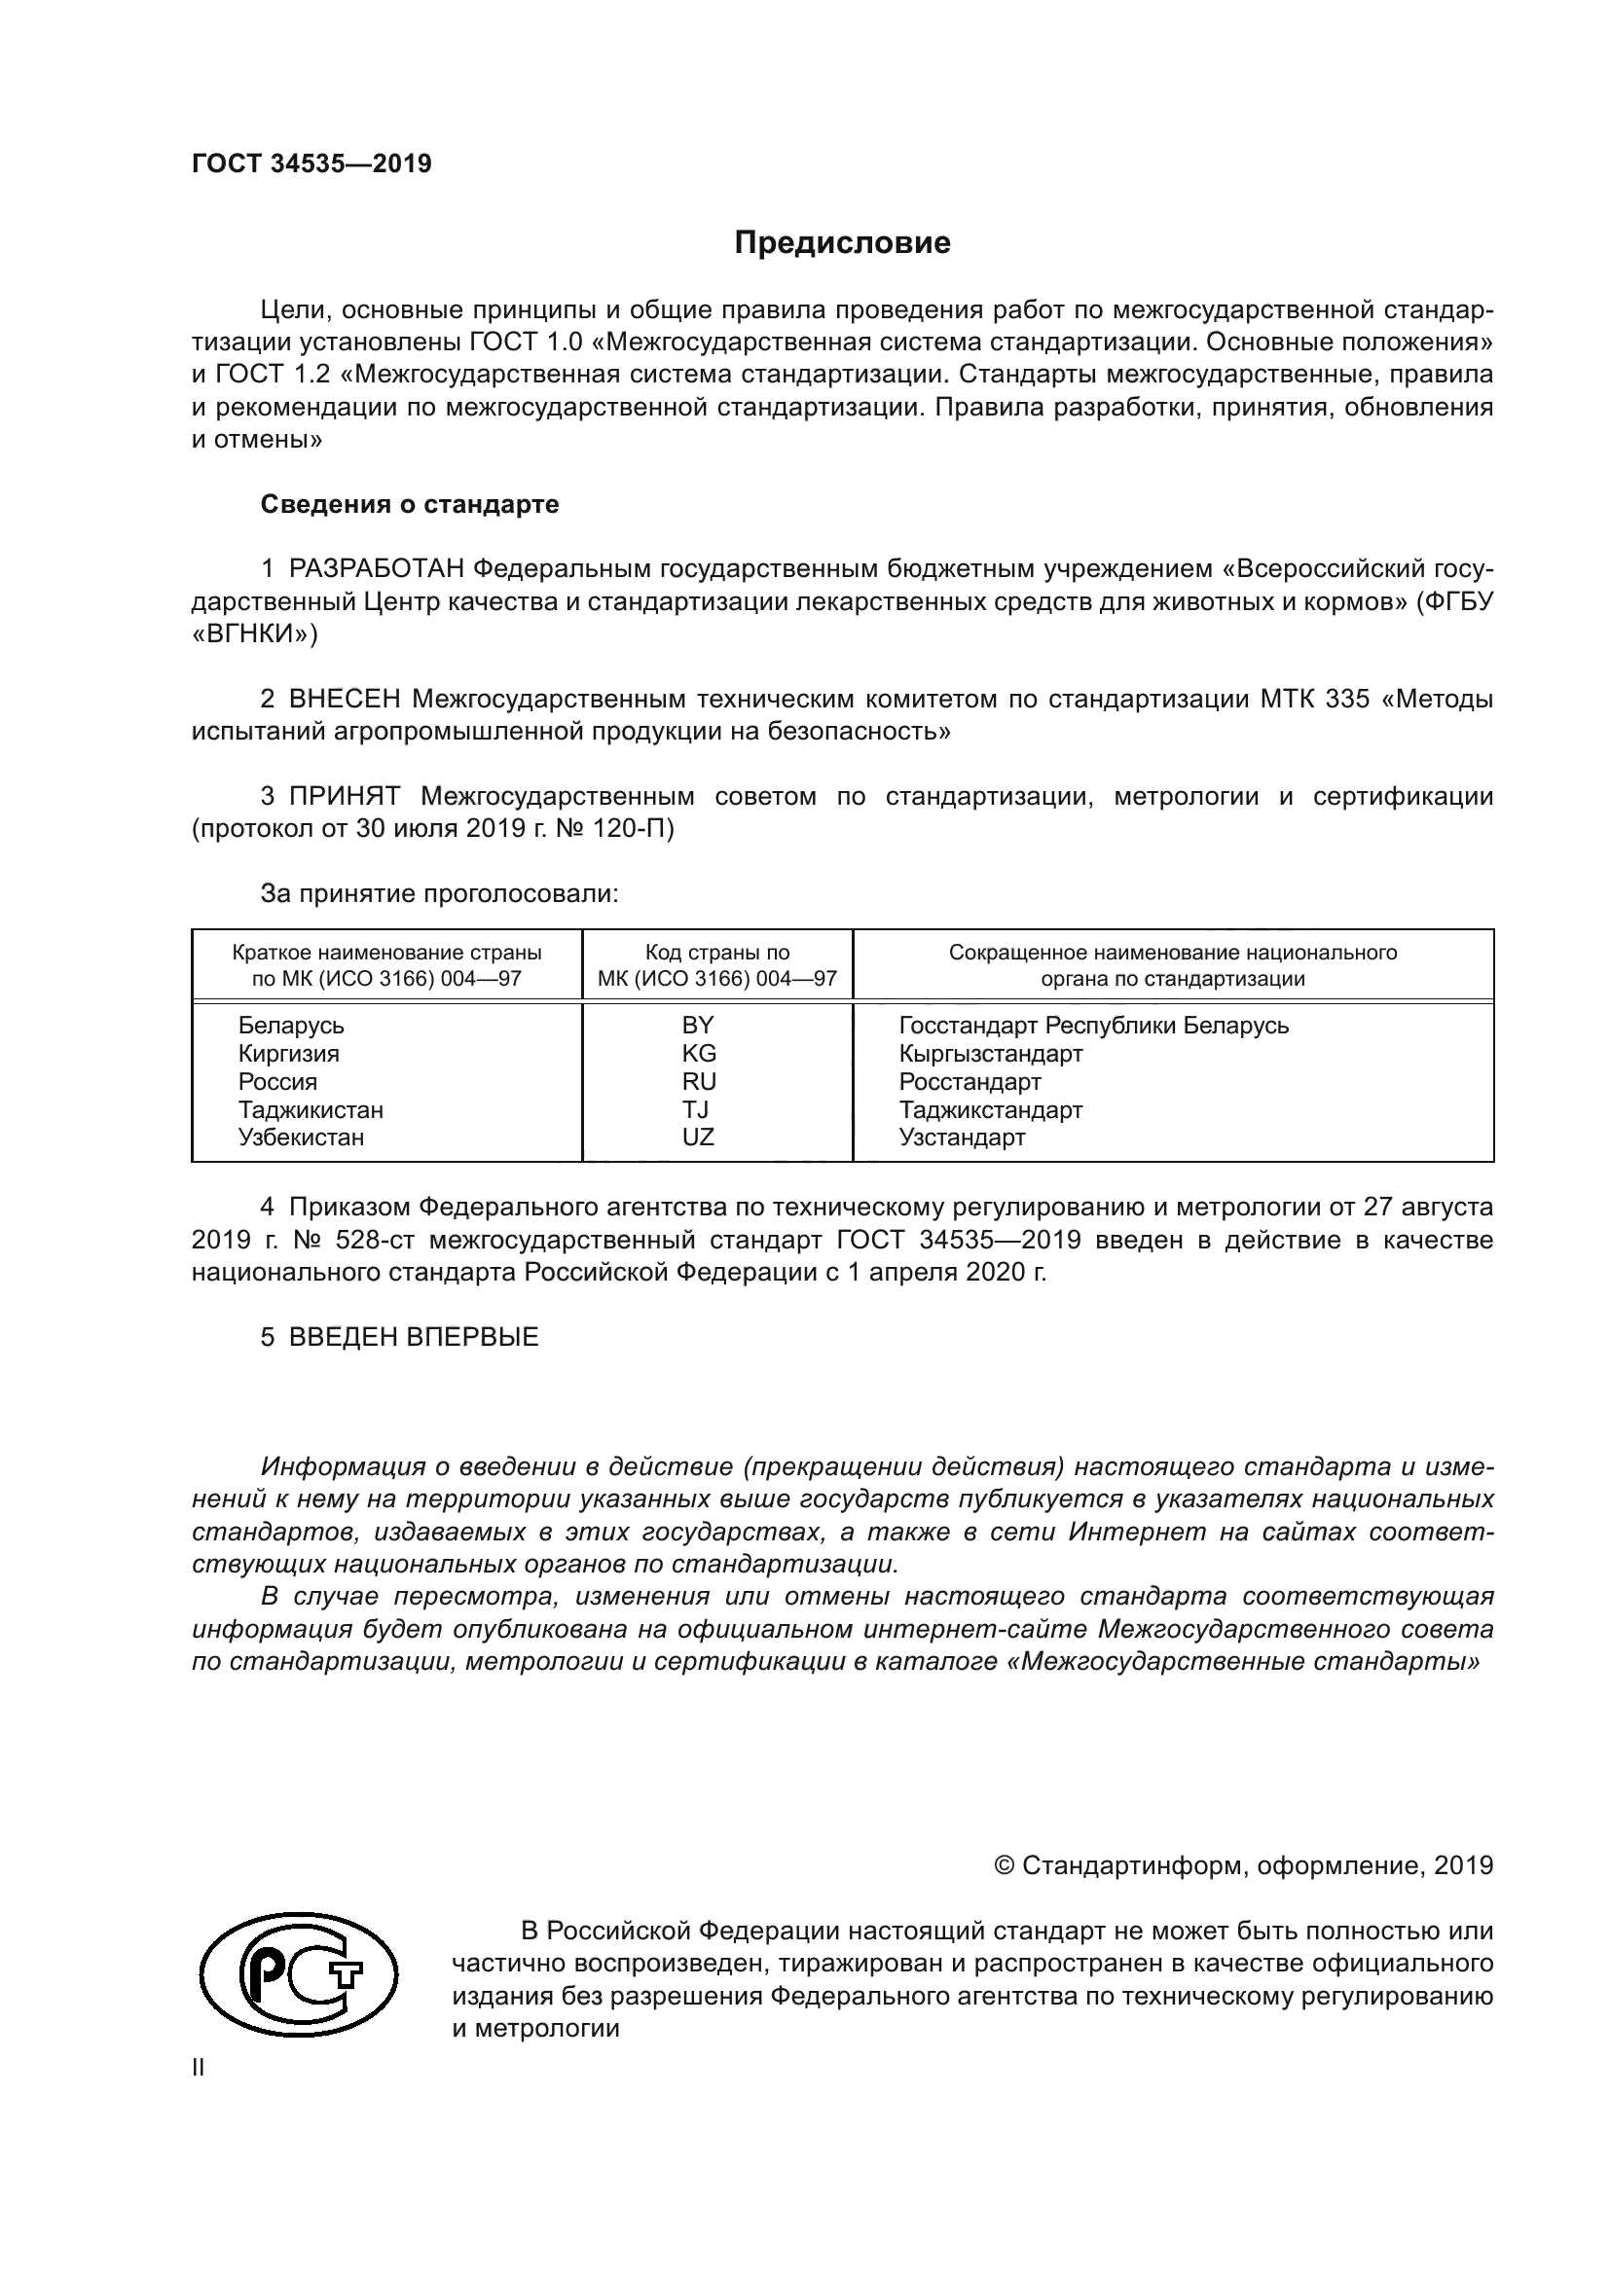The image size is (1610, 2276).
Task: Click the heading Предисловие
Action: pyautogui.click(x=842, y=243)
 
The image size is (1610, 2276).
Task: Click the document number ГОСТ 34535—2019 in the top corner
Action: pyautogui.click(x=311, y=163)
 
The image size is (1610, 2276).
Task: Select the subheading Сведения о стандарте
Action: pyautogui.click(x=410, y=504)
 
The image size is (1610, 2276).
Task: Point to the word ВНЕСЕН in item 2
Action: pyautogui.click(x=345, y=699)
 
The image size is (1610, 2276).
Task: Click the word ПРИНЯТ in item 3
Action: pyautogui.click(x=344, y=796)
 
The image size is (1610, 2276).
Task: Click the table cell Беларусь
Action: pyautogui.click(x=290, y=1025)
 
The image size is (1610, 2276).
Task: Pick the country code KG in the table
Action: pyautogui.click(x=699, y=1053)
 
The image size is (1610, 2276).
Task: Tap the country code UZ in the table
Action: pyautogui.click(x=698, y=1137)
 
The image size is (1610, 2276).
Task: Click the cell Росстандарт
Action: pyautogui.click(x=970, y=1081)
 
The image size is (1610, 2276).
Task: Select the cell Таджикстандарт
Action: pyautogui.click(x=990, y=1109)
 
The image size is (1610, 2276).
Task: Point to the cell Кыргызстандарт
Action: pyautogui.click(x=990, y=1053)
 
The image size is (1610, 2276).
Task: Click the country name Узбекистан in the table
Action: pyautogui.click(x=301, y=1137)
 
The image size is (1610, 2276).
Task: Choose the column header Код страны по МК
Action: pyautogui.click(x=716, y=964)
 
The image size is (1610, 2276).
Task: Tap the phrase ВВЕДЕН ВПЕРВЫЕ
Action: pyautogui.click(x=414, y=1336)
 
